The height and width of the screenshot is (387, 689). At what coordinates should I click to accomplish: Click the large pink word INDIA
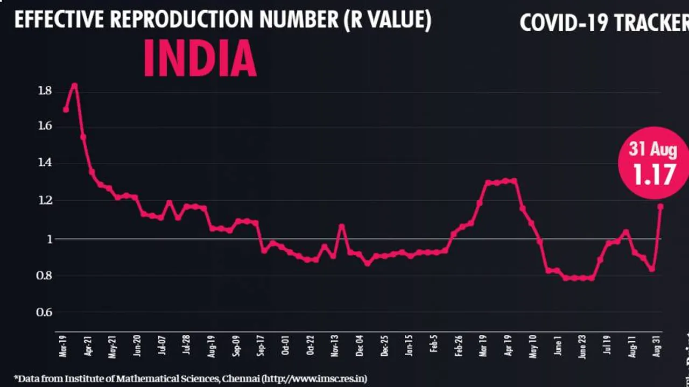[x=200, y=59]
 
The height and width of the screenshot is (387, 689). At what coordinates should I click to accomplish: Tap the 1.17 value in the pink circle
[x=653, y=175]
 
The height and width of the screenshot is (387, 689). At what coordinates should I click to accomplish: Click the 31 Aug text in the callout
[x=653, y=149]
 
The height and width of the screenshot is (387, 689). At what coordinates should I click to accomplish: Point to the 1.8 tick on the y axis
[x=45, y=91]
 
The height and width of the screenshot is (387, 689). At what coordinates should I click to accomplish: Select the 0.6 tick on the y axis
[x=45, y=312]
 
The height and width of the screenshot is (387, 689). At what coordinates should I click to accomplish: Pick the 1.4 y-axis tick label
[x=45, y=163]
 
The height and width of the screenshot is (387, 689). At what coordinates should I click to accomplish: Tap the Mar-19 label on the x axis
[x=64, y=346]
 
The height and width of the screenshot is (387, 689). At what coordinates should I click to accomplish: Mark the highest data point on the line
[x=75, y=86]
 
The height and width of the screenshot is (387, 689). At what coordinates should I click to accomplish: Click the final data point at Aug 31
[x=660, y=206]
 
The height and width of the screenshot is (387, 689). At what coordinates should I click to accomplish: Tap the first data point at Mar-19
[x=66, y=109]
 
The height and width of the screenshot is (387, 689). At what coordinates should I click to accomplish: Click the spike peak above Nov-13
[x=341, y=226]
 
